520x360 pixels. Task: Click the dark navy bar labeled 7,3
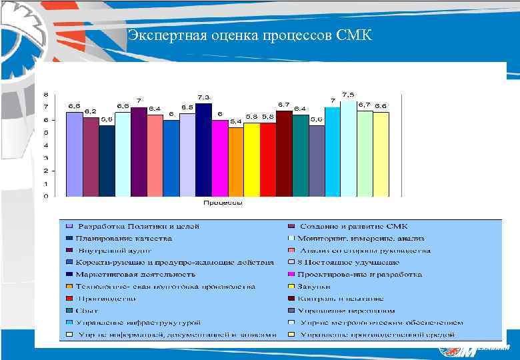[203, 150]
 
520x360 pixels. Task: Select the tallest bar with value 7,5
[349, 149]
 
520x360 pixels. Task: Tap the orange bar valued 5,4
[236, 162]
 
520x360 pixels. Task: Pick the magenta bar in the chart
[219, 158]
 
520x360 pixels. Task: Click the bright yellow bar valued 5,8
[252, 159]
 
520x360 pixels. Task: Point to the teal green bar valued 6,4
[300, 155]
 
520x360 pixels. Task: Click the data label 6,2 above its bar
[91, 111]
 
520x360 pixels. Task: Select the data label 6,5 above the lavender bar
[187, 107]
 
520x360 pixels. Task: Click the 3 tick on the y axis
[46, 158]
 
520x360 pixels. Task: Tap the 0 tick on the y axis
[46, 196]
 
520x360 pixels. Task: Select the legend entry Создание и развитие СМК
[353, 227]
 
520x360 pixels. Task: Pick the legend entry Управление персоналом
[347, 311]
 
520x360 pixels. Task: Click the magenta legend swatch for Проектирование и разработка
[291, 275]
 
